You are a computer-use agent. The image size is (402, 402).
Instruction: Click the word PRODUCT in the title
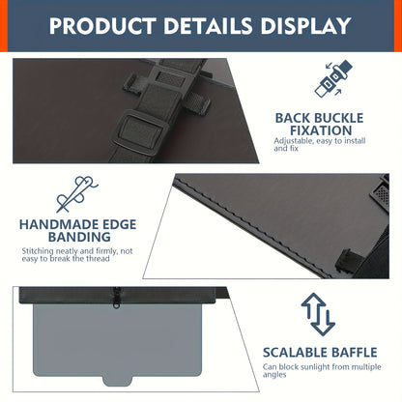pos(102,26)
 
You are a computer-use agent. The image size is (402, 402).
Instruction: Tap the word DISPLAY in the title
pos(305,26)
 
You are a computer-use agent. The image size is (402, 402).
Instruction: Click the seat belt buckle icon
pos(333,78)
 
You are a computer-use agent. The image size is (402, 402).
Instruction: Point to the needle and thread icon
pos(76,194)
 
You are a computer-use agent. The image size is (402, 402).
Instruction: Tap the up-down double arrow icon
pos(318,314)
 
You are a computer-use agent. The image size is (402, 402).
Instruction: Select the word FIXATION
pos(321,130)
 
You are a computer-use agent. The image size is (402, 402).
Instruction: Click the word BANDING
pos(79,237)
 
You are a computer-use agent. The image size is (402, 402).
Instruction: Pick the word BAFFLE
pos(355,353)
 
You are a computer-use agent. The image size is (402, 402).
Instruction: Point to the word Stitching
pos(38,251)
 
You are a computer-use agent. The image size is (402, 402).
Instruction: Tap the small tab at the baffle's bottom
pos(117,381)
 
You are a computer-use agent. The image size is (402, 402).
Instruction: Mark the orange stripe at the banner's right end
pos(398,26)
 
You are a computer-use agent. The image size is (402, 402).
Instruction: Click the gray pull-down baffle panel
pos(118,340)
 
